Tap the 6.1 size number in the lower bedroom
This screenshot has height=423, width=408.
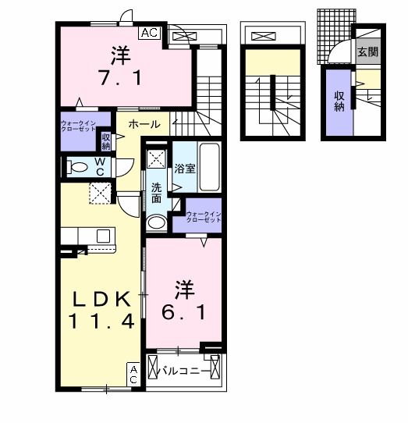[x=184, y=311]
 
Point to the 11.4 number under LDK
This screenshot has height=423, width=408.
[x=100, y=320]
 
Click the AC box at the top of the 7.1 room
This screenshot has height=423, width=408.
[x=151, y=33]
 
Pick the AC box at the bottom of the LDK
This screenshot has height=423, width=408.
[x=133, y=374]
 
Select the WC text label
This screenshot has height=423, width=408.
[x=101, y=165]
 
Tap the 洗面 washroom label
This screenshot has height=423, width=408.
[x=156, y=193]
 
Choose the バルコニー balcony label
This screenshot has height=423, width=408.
[x=184, y=371]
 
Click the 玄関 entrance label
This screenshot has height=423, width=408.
[x=367, y=52]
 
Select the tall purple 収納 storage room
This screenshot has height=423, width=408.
[x=339, y=101]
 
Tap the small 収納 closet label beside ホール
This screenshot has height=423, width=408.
[x=106, y=141]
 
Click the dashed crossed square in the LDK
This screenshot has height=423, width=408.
[x=100, y=192]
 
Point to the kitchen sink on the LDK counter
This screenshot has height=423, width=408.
[x=102, y=235]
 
